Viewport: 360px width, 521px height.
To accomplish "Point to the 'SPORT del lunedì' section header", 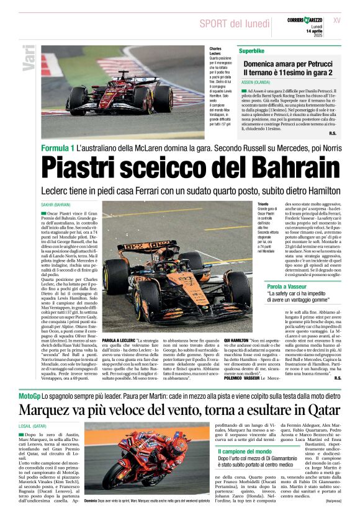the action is point(230,24).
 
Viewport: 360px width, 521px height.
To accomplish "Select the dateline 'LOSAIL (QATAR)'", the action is point(35,426).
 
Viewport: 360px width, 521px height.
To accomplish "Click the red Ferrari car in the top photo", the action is point(120,97).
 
